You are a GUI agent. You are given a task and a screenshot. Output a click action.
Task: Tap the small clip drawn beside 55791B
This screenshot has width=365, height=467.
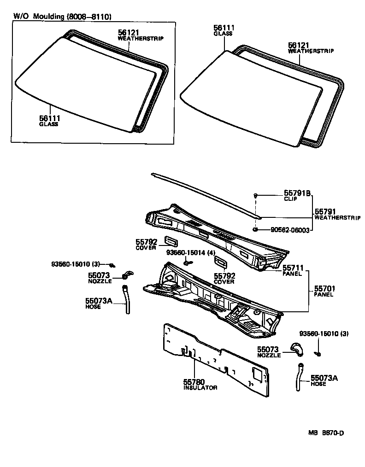(x=255, y=196)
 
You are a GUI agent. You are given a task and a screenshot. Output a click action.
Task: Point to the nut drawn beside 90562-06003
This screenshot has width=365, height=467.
(x=255, y=229)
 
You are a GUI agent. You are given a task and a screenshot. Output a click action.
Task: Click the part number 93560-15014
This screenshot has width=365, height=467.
(x=184, y=253)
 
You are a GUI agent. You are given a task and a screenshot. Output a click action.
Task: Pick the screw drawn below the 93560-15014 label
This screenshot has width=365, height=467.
(x=187, y=263)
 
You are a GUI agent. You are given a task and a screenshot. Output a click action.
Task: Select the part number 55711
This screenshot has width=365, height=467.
(x=293, y=268)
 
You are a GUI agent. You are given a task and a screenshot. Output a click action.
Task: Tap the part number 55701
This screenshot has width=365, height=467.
(x=324, y=289)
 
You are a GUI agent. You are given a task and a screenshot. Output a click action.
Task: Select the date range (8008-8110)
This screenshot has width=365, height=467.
(x=89, y=16)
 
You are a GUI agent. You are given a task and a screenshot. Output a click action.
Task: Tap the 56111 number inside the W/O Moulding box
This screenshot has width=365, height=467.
(x=50, y=118)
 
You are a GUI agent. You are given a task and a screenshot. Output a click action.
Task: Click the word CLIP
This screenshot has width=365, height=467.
(x=290, y=199)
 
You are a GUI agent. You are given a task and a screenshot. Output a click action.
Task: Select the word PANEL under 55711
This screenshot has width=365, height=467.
(x=292, y=274)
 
